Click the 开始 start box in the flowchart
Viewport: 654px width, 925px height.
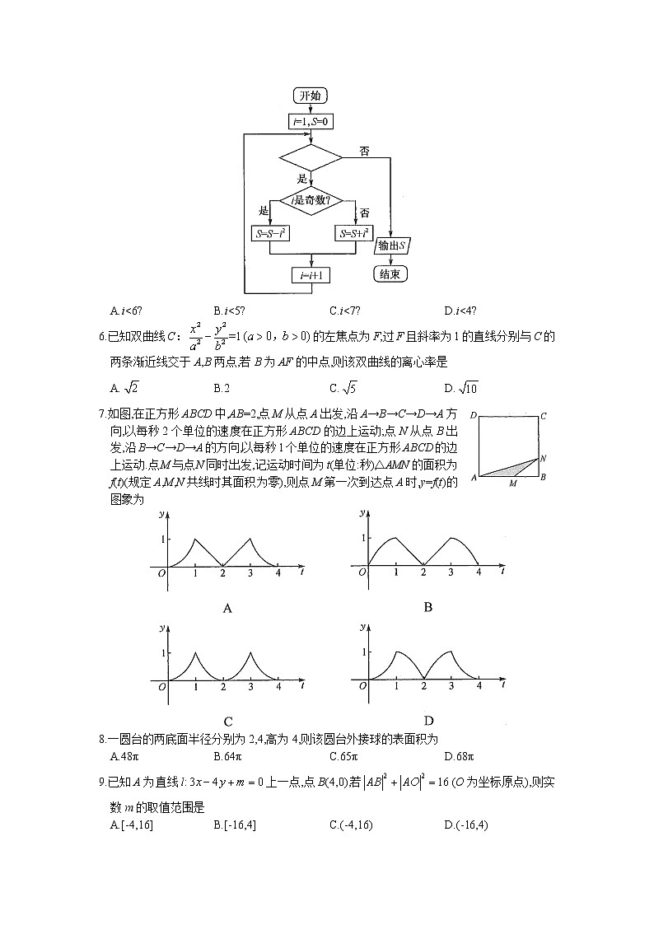pos(311,96)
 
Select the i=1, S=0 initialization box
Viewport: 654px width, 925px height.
pos(311,122)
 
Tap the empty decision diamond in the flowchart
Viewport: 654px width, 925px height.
pos(311,156)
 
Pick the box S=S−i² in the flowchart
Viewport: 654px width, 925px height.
pos(270,234)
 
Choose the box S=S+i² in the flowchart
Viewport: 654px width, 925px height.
pos(356,234)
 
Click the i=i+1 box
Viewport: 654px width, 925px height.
pos(311,275)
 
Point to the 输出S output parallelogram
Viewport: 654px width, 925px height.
pos(392,246)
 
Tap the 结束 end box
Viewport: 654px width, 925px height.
pos(390,274)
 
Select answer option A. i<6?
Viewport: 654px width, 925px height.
pos(125,311)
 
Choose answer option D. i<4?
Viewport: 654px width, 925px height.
pos(458,311)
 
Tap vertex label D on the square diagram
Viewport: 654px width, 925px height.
pos(474,418)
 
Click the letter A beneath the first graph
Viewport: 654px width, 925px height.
pos(227,609)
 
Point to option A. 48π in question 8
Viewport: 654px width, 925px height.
pos(123,756)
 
